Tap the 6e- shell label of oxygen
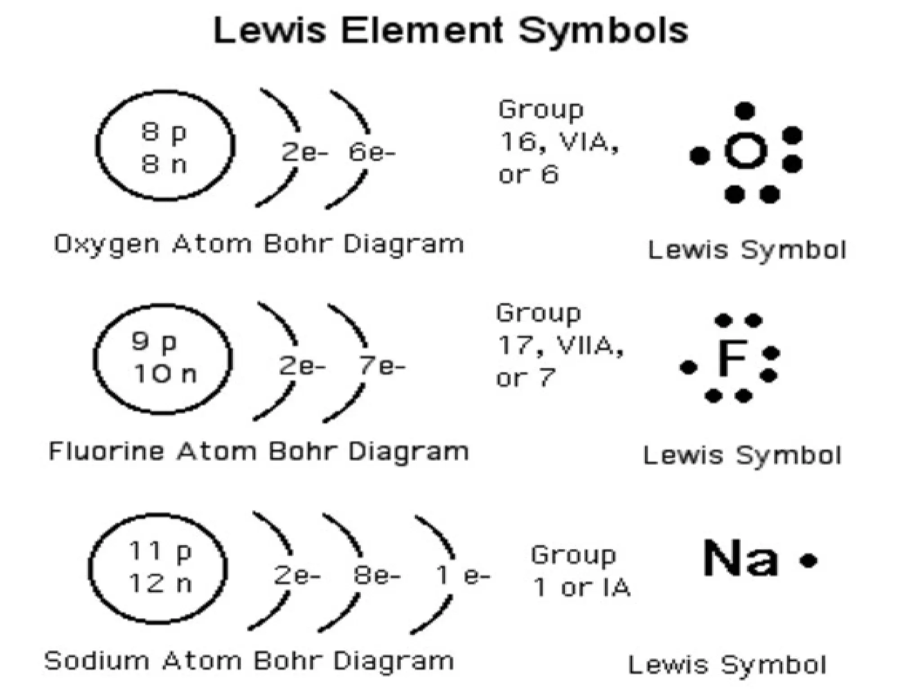tap(371, 153)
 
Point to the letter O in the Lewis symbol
tap(746, 151)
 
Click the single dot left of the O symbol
tap(700, 156)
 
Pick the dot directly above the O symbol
tap(745, 111)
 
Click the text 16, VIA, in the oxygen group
tap(559, 142)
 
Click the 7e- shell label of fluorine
tap(381, 366)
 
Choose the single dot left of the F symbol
tap(688, 368)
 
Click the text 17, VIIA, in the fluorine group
tap(560, 346)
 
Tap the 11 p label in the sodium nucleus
tap(160, 551)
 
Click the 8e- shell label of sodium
tap(376, 575)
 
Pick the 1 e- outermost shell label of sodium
tap(462, 575)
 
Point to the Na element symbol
tap(740, 558)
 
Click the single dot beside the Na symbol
tap(808, 560)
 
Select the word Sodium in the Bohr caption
tap(97, 661)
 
